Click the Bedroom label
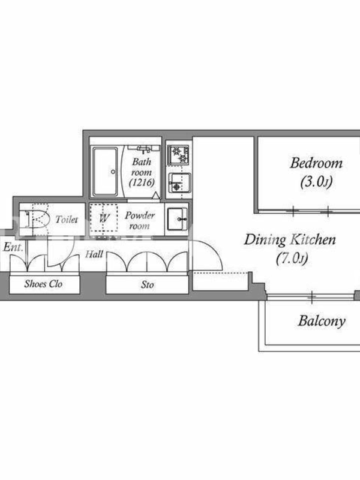(316, 163)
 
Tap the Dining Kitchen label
(290, 239)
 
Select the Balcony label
(322, 321)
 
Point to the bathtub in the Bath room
(105, 172)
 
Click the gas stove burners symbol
(178, 155)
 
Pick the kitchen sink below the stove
(179, 183)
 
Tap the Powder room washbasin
(177, 219)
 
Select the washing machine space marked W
(104, 218)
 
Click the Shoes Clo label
(43, 284)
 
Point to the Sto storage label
(147, 284)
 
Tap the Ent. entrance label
(13, 247)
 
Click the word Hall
(94, 254)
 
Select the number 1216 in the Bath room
(142, 182)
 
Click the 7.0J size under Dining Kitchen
(292, 259)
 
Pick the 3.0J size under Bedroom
(316, 182)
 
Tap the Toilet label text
(67, 219)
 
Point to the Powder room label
(140, 220)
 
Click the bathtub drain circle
(113, 172)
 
